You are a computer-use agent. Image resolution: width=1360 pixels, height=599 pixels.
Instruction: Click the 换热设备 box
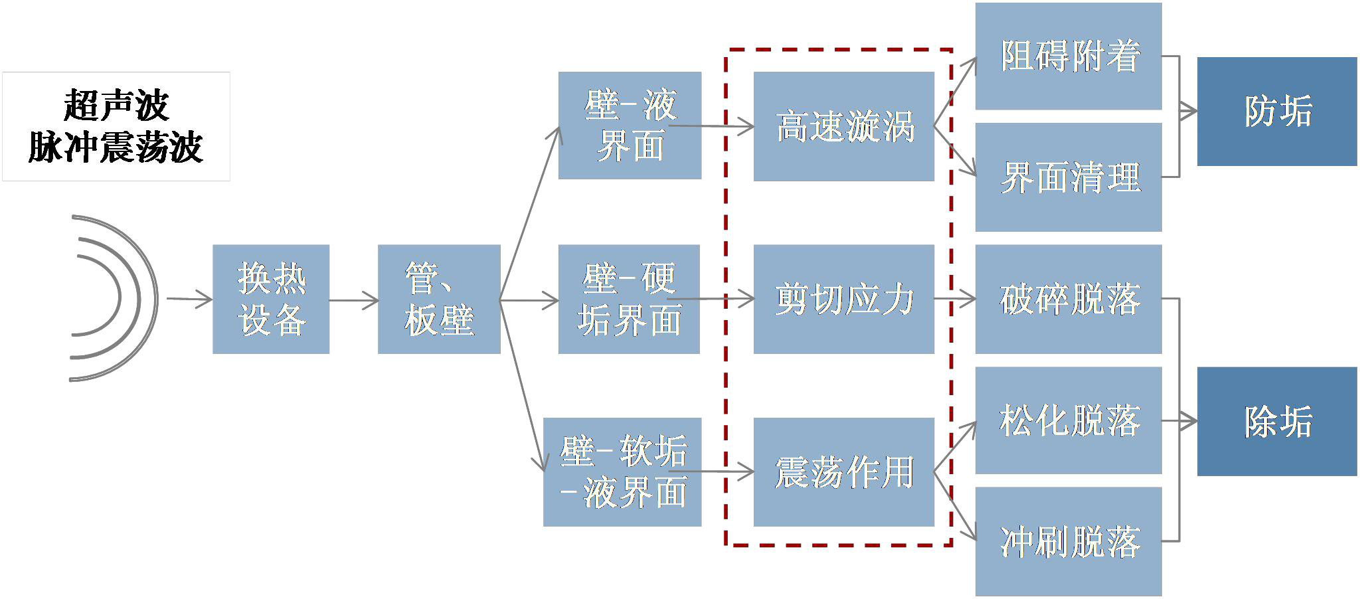pyautogui.click(x=271, y=299)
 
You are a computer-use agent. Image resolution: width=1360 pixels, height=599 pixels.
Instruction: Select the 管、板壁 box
pyautogui.click(x=439, y=299)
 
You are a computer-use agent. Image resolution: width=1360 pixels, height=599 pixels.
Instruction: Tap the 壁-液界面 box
pyautogui.click(x=630, y=126)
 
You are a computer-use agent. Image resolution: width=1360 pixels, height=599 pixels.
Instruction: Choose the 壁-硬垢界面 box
pyautogui.click(x=629, y=299)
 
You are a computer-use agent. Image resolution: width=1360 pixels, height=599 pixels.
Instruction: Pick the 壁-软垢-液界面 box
pyautogui.click(x=622, y=471)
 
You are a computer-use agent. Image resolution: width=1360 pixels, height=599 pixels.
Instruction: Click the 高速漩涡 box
pyautogui.click(x=843, y=126)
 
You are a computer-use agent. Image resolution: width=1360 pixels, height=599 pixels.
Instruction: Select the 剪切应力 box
pyautogui.click(x=843, y=299)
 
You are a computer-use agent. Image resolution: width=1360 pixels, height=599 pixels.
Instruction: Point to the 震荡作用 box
pyautogui.click(x=843, y=471)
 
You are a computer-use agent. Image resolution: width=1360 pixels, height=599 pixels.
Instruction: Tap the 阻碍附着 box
pyautogui.click(x=1068, y=56)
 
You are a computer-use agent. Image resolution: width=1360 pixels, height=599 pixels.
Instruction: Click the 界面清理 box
pyautogui.click(x=1068, y=177)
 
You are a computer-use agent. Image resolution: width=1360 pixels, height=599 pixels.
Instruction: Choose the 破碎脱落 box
pyautogui.click(x=1068, y=299)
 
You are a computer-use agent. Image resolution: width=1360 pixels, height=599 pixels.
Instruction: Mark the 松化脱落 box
pyautogui.click(x=1068, y=420)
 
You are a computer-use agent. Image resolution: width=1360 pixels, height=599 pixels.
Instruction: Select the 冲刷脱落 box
pyautogui.click(x=1068, y=541)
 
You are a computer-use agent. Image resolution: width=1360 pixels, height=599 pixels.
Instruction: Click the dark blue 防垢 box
pyautogui.click(x=1277, y=112)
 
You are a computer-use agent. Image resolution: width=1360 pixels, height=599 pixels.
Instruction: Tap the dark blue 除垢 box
pyautogui.click(x=1277, y=421)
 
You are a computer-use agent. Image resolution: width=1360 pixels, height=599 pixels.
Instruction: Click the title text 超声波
pyautogui.click(x=116, y=106)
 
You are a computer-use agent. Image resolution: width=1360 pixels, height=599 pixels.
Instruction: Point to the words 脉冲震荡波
pyautogui.click(x=116, y=147)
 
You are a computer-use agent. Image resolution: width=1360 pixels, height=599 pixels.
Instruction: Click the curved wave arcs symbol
pyautogui.click(x=113, y=298)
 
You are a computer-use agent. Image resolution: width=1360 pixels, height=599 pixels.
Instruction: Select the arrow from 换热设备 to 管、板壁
pyautogui.click(x=353, y=300)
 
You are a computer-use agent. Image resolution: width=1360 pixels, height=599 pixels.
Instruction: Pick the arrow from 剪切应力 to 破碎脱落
pyautogui.click(x=955, y=299)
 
